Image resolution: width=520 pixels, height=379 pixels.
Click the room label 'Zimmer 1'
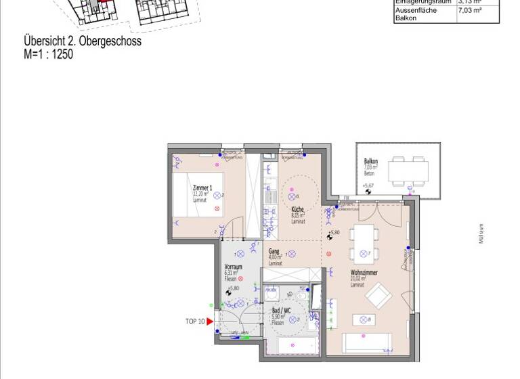click(x=202, y=187)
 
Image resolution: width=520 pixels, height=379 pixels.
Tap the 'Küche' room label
click(x=298, y=210)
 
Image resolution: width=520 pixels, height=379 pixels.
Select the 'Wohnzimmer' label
click(x=364, y=272)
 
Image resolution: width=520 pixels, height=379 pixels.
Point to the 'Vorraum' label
click(x=233, y=267)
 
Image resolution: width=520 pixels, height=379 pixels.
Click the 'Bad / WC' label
click(x=281, y=311)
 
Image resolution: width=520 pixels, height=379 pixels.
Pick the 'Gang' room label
click(x=274, y=251)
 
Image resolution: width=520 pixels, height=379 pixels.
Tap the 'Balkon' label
click(x=371, y=162)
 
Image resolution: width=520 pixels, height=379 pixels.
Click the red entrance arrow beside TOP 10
click(x=210, y=321)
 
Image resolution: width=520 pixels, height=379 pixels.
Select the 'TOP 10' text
click(x=194, y=321)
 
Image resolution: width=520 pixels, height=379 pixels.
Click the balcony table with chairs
click(x=408, y=171)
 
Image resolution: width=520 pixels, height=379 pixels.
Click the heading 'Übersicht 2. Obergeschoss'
click(x=83, y=41)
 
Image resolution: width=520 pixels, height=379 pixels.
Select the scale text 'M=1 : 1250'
click(x=48, y=54)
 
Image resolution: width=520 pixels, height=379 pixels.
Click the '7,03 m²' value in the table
click(x=469, y=11)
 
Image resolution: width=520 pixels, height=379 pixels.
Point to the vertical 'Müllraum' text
click(x=482, y=233)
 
